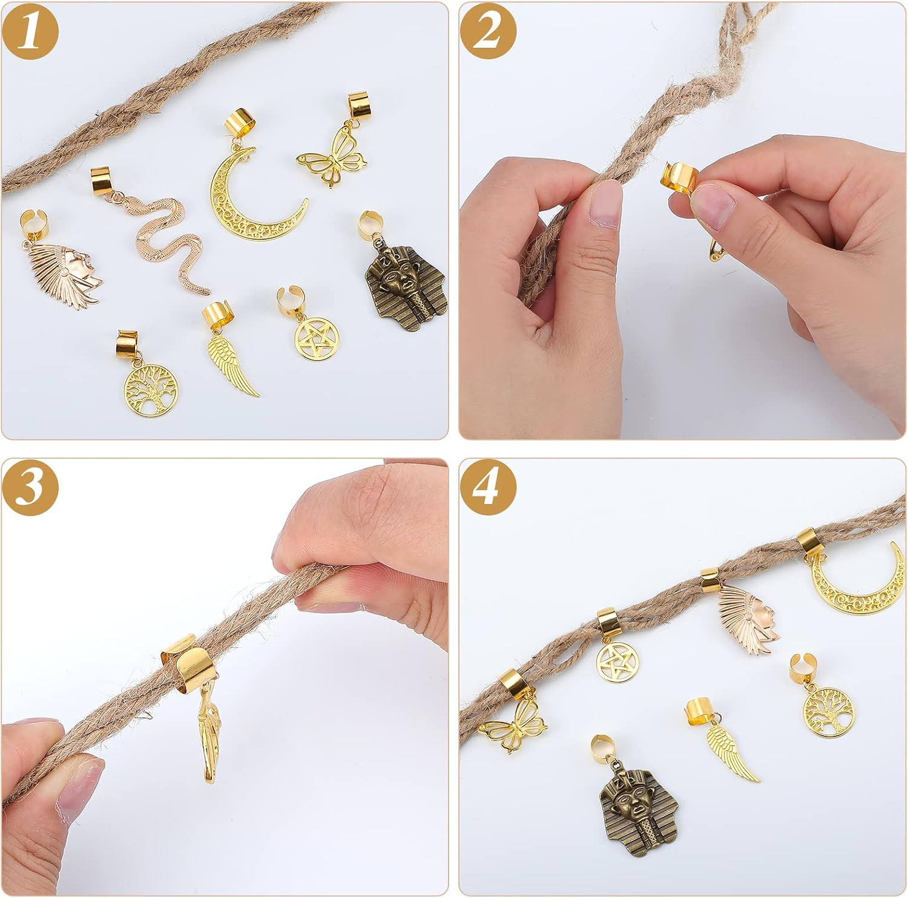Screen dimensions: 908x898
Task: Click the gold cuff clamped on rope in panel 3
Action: tap(182, 660)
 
